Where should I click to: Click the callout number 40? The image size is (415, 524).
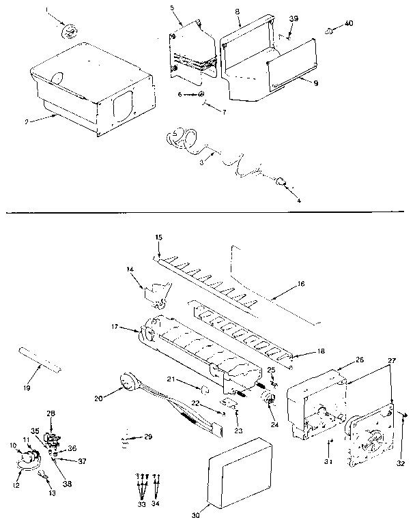point(349,24)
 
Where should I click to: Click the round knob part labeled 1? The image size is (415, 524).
point(69,31)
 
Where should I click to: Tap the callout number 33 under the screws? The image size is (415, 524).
point(141,506)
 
